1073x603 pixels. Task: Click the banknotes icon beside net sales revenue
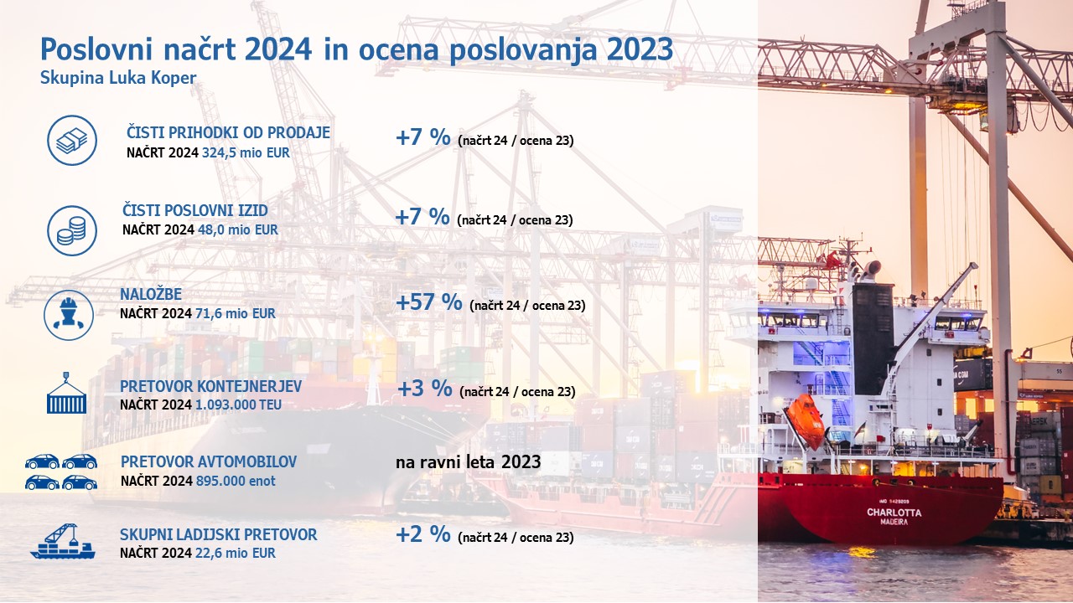(x=72, y=140)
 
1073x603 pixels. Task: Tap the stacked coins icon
(x=72, y=230)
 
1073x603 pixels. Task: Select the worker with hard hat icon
(x=69, y=315)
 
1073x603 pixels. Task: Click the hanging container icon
(x=66, y=393)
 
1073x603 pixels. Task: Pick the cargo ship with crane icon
(x=63, y=541)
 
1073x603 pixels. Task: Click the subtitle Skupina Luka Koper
(x=118, y=78)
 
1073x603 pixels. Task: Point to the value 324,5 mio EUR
(x=246, y=152)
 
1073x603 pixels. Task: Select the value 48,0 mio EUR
(x=237, y=229)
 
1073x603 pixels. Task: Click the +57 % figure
(x=429, y=302)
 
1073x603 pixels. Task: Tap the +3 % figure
(x=424, y=388)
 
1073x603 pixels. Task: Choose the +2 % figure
(x=423, y=534)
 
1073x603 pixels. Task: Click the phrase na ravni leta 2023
(x=468, y=461)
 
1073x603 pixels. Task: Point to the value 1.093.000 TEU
(x=239, y=405)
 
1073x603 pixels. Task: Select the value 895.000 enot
(x=236, y=481)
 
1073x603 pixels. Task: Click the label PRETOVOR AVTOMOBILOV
(x=209, y=461)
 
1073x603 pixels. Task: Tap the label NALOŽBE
(x=151, y=294)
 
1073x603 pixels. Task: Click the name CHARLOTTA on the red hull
(x=894, y=513)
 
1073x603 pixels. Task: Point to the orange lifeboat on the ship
(x=806, y=420)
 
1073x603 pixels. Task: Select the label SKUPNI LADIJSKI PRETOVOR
(x=219, y=534)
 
